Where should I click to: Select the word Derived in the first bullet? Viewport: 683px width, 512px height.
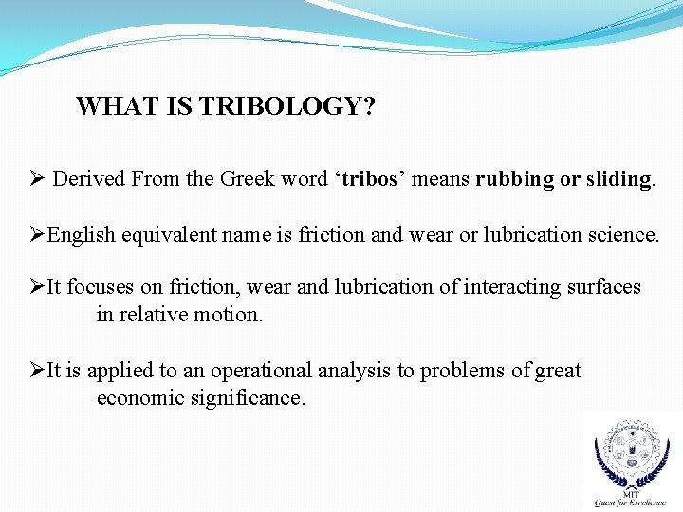point(89,179)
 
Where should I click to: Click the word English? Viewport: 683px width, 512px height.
point(82,234)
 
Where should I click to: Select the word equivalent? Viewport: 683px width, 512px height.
point(167,234)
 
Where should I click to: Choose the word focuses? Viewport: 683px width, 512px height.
point(101,287)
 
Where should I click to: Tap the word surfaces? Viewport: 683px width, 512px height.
point(601,287)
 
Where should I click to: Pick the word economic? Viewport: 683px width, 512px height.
point(139,397)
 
